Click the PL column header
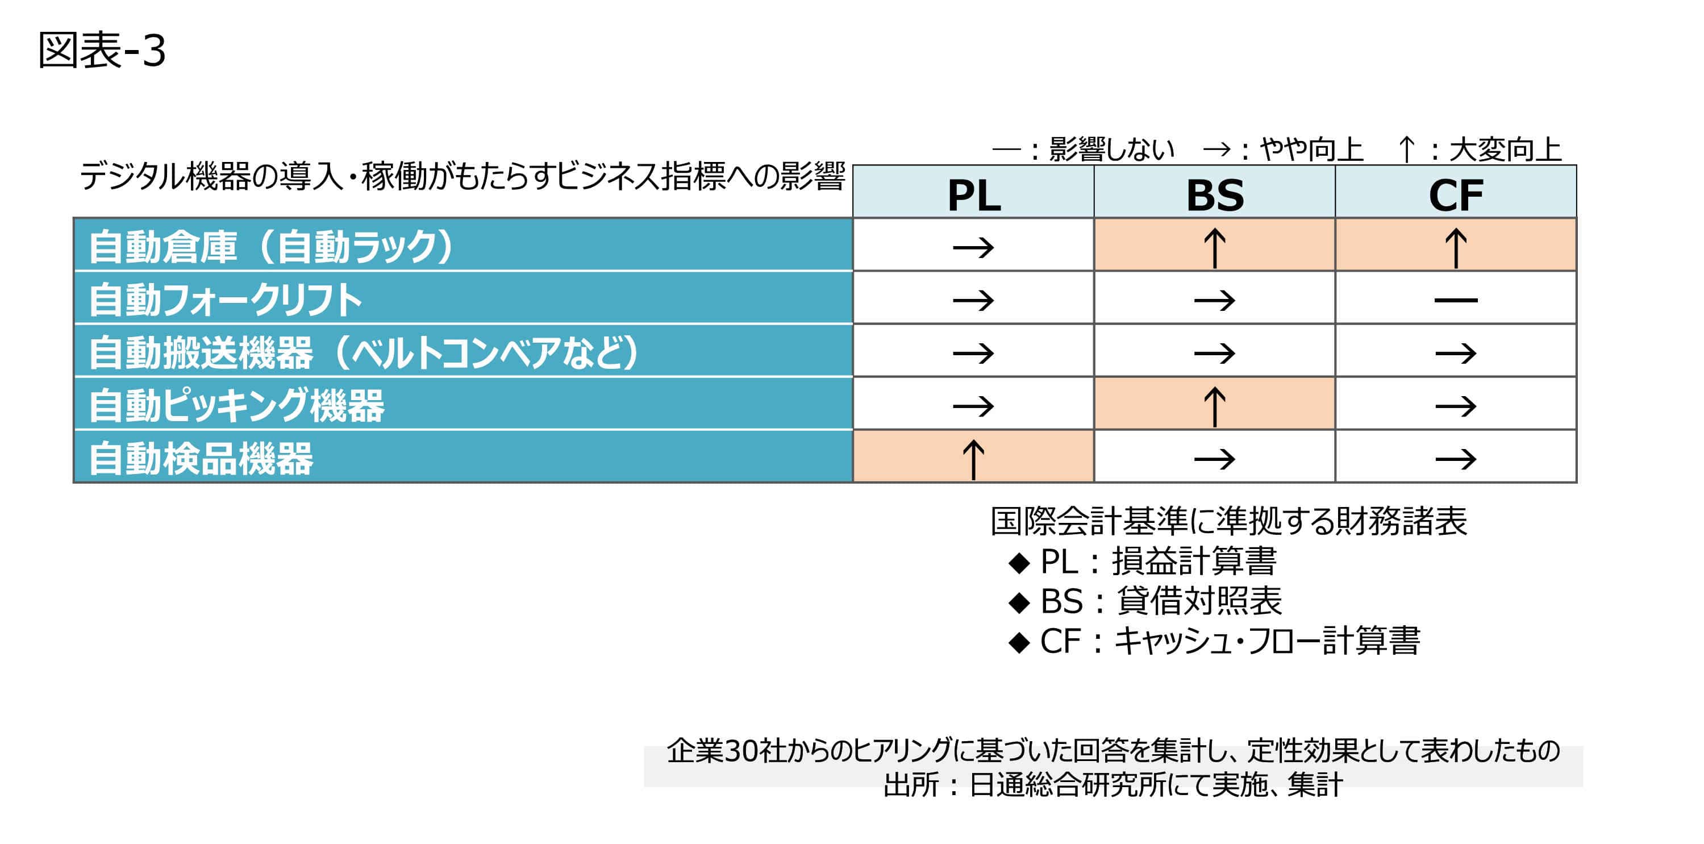974,195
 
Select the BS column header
1214,195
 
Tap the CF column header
1455,195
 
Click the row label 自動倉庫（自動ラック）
271,246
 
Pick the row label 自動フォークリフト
225,299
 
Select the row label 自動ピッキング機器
236,405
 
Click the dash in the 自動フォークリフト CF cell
1455,300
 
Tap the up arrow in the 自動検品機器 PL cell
973,459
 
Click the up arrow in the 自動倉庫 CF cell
1455,247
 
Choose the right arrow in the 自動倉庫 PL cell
973,248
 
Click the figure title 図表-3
101,50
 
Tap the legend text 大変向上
1505,149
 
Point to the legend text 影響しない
1111,149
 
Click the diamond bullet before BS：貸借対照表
1019,602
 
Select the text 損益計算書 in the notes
1194,562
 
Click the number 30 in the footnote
741,751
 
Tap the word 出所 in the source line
911,785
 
